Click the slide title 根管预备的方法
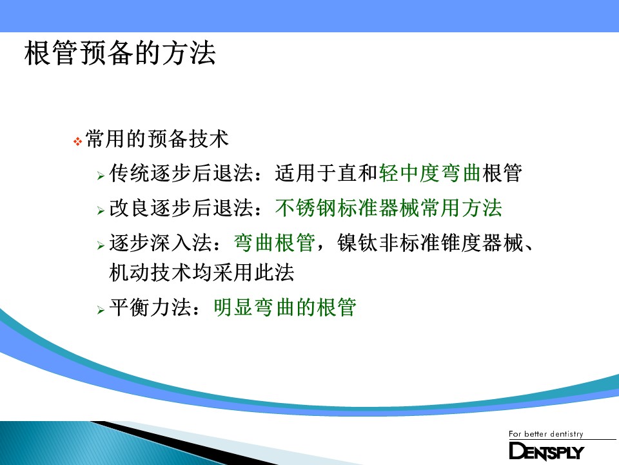pyautogui.click(x=120, y=53)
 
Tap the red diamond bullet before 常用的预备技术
pyautogui.click(x=78, y=141)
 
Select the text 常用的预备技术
pyautogui.click(x=157, y=139)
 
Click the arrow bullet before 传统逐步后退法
pyautogui.click(x=101, y=176)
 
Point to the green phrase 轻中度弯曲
pyautogui.click(x=430, y=173)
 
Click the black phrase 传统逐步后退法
pyautogui.click(x=181, y=173)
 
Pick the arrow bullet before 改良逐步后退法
pyautogui.click(x=101, y=211)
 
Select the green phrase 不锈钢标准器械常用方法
pyautogui.click(x=388, y=208)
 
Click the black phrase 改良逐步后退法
pyautogui.click(x=181, y=208)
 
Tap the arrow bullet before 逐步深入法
pyautogui.click(x=101, y=245)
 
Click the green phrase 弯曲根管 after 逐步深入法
pyautogui.click(x=275, y=243)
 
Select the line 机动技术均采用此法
pyautogui.click(x=202, y=273)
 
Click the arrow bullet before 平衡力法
pyautogui.click(x=101, y=310)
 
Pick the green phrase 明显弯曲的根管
pyautogui.click(x=285, y=307)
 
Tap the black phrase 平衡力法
pyautogui.click(x=150, y=307)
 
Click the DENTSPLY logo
pyautogui.click(x=546, y=451)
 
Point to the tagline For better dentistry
pyautogui.click(x=546, y=434)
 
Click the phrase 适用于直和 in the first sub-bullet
pyautogui.click(x=326, y=173)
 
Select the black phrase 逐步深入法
pyautogui.click(x=161, y=243)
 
